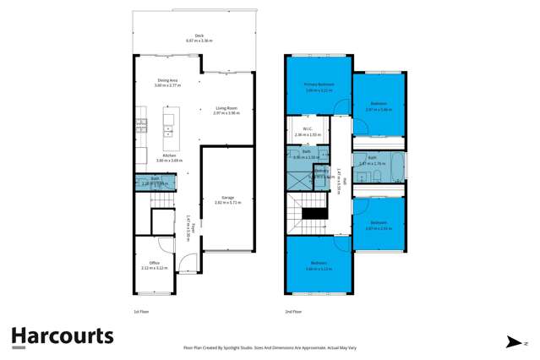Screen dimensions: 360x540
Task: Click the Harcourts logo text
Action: pos(63,335)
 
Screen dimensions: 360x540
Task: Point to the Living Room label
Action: pos(226,108)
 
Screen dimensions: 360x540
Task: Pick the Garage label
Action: pos(226,199)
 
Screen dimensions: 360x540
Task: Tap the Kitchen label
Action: pos(155,155)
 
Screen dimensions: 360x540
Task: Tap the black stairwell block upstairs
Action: pos(314,214)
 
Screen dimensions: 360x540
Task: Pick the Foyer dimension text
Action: pos(193,228)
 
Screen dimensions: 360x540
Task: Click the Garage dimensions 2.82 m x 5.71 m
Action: pos(228,203)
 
